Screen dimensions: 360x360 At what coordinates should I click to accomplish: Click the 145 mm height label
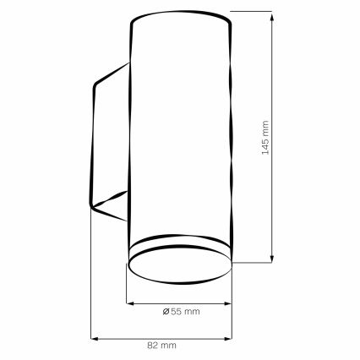[x=264, y=138]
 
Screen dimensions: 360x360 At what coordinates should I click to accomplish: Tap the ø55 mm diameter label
[x=180, y=313]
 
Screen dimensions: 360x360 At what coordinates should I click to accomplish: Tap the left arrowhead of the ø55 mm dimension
[x=129, y=303]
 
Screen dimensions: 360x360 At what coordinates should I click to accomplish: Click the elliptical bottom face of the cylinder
[x=179, y=271]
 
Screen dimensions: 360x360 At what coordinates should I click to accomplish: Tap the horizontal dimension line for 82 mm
[x=194, y=337]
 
